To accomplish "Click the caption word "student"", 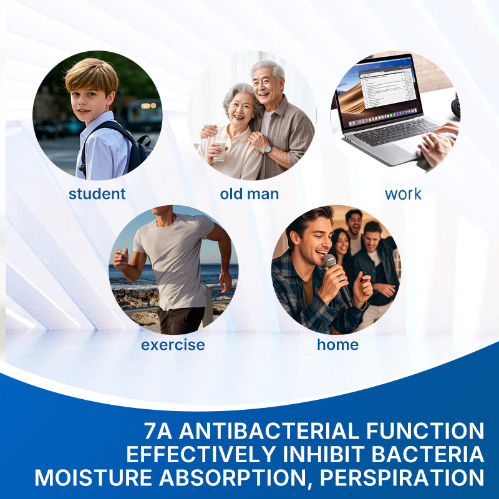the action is coord(97,194).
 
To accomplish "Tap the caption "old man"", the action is coord(249,194).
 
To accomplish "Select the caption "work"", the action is coord(403,194).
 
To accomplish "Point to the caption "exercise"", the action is coord(173,345).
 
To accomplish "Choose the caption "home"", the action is coord(337,344).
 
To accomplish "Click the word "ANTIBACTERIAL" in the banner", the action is coord(269,431).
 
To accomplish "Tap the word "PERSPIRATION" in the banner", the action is coord(402,477).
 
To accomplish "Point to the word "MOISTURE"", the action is coord(93,477).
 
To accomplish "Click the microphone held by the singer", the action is coord(338,279).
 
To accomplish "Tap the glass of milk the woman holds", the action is coord(220,148).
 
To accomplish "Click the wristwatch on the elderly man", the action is coord(268,149).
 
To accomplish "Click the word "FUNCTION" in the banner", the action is coord(425,431).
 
